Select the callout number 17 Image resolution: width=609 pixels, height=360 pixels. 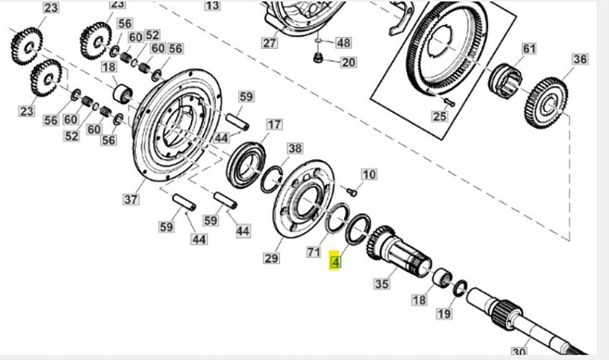pyautogui.click(x=273, y=124)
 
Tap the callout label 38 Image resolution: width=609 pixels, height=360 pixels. pyautogui.click(x=295, y=149)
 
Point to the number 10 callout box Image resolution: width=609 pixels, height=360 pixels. pyautogui.click(x=368, y=175)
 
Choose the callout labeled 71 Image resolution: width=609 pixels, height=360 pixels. pyautogui.click(x=313, y=250)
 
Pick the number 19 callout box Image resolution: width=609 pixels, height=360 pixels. pyautogui.click(x=444, y=314)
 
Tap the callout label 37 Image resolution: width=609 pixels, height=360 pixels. pyautogui.click(x=131, y=199)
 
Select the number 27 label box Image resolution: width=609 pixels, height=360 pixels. pyautogui.click(x=269, y=43)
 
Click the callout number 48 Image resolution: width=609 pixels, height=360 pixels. pyautogui.click(x=343, y=43)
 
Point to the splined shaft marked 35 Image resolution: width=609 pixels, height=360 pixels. pyautogui.click(x=396, y=250)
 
